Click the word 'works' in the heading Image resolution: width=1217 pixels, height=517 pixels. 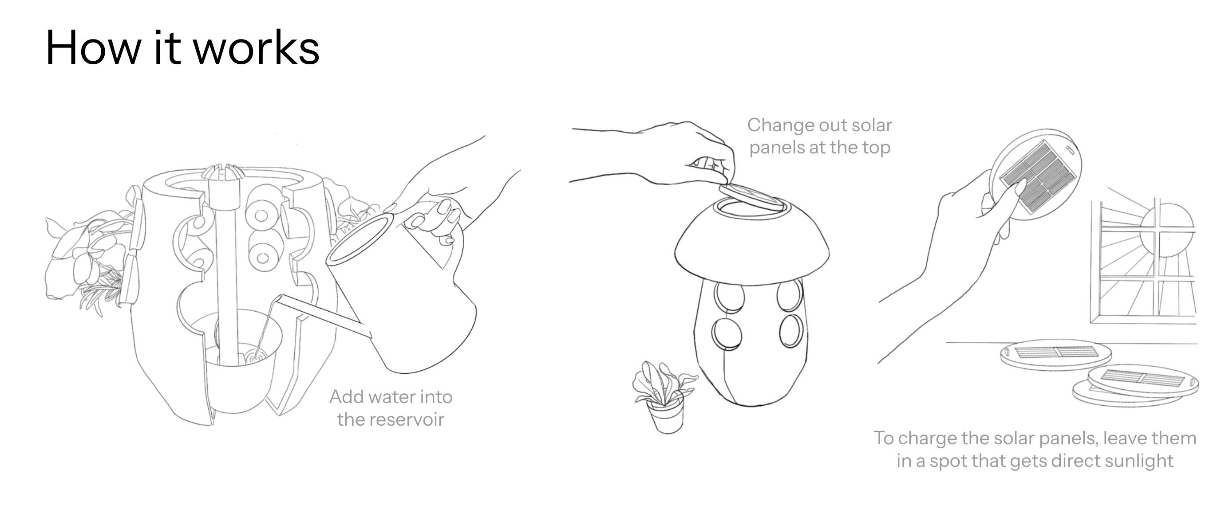tap(257, 48)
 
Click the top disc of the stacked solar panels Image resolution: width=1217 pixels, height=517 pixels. tap(1143, 380)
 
